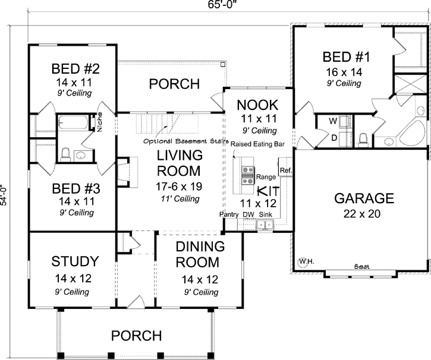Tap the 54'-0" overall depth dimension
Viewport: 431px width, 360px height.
click(5, 185)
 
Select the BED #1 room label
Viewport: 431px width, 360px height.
click(347, 58)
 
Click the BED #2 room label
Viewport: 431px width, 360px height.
click(75, 67)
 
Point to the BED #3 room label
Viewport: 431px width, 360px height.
click(75, 189)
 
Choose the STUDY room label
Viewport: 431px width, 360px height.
click(74, 261)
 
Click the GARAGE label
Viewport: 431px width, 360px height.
click(364, 198)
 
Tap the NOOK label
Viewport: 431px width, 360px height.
click(257, 105)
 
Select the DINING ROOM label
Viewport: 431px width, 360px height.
click(199, 254)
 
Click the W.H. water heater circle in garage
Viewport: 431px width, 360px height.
click(306, 261)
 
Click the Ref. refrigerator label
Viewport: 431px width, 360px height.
click(285, 170)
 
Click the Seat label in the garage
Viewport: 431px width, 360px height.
click(360, 267)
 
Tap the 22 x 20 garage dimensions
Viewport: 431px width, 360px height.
click(364, 213)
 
